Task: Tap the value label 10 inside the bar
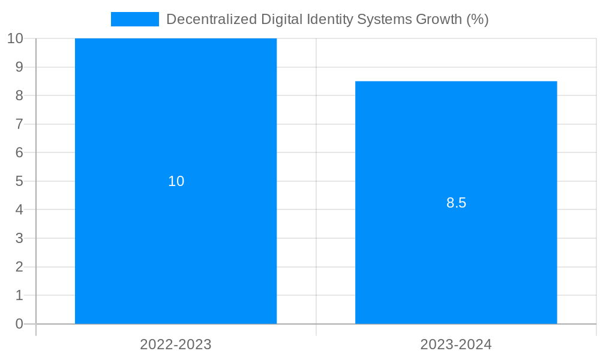[x=176, y=181]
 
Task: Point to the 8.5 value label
[x=456, y=203]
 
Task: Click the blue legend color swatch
[x=135, y=19]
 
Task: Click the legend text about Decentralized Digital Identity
[x=327, y=19]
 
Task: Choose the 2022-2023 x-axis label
[x=176, y=344]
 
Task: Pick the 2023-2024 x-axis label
[x=456, y=344]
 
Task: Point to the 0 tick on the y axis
[x=19, y=324]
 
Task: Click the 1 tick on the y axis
[x=19, y=295]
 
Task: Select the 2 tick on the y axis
[x=19, y=267]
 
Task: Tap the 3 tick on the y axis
[x=19, y=238]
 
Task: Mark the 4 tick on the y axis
[x=19, y=210]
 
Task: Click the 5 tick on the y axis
[x=19, y=181]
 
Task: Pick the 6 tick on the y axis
[x=19, y=152]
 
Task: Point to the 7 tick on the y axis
[x=19, y=124]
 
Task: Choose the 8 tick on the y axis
[x=19, y=95]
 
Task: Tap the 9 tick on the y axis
[x=19, y=67]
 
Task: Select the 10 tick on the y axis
[x=15, y=38]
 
